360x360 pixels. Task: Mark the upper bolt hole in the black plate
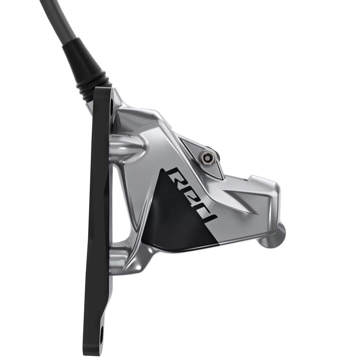(112, 102)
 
